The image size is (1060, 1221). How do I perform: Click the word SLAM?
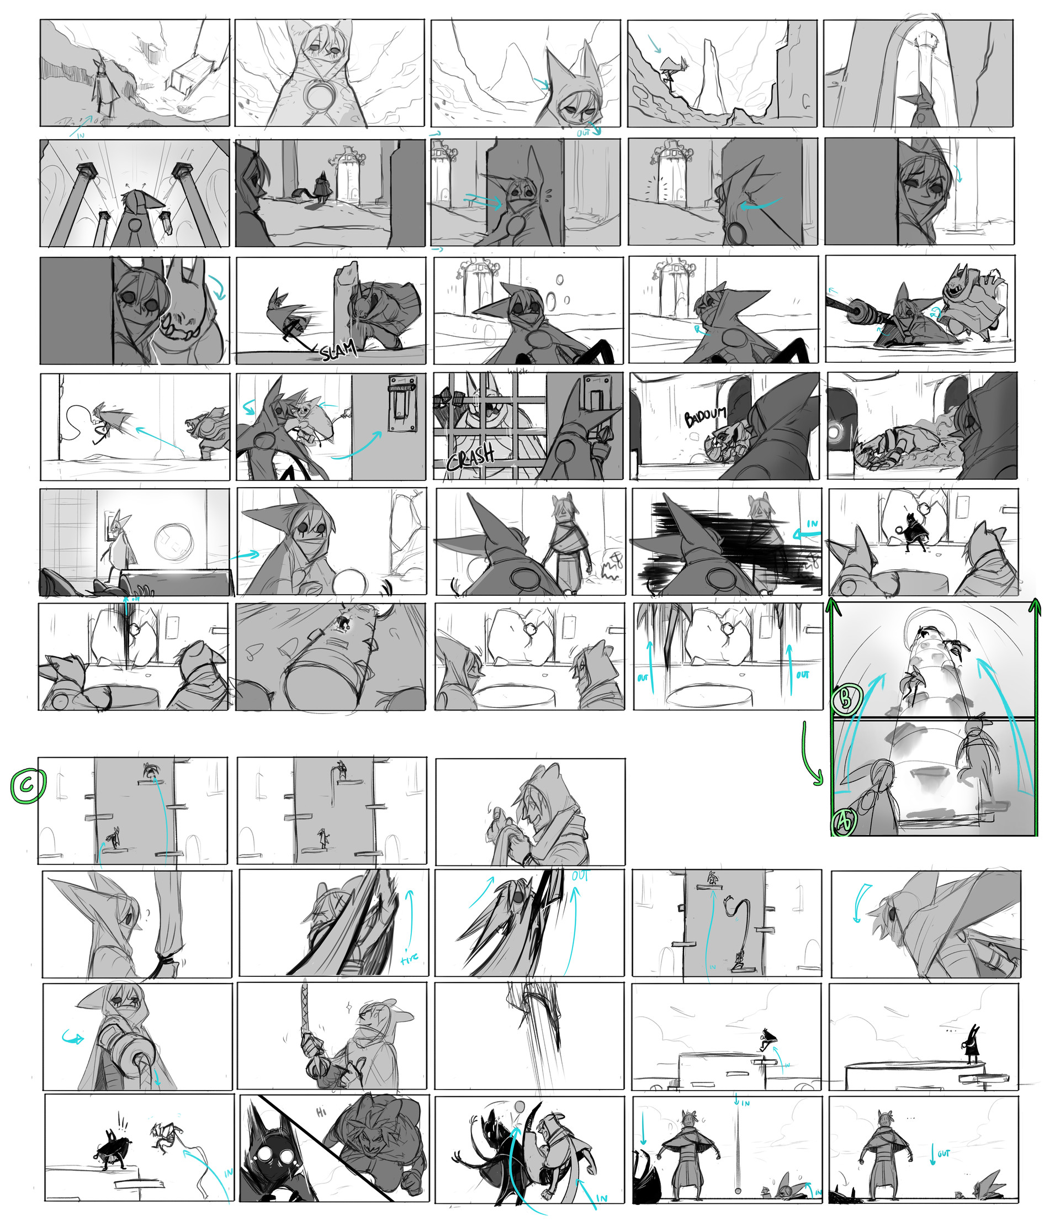click(339, 351)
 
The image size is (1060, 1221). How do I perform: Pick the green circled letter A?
click(845, 822)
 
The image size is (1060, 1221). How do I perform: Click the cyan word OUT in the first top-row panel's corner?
click(586, 133)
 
